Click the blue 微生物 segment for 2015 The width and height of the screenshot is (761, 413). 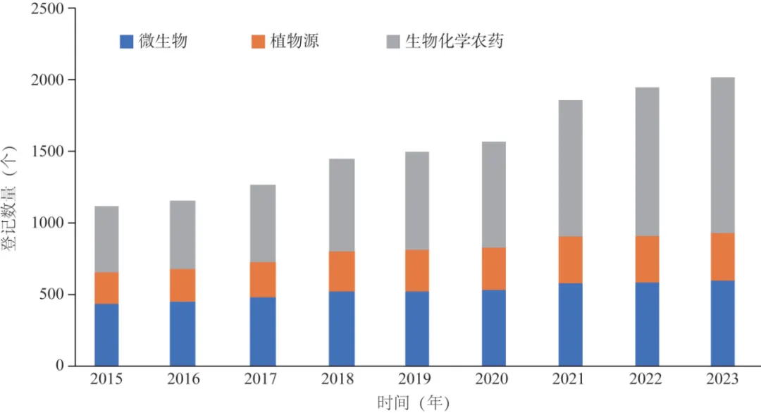click(x=106, y=335)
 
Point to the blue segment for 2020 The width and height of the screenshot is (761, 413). click(x=493, y=328)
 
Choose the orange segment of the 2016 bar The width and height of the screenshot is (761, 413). click(x=182, y=285)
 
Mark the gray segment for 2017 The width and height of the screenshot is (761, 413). click(x=263, y=223)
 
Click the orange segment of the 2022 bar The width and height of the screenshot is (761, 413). click(x=647, y=259)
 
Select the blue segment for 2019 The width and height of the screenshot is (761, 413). click(x=416, y=328)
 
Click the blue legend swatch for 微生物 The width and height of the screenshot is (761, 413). click(x=127, y=42)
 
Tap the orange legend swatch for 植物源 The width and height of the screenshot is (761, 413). click(x=258, y=42)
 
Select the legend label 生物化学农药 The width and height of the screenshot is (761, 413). click(x=454, y=42)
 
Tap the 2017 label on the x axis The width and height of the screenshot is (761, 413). click(x=261, y=380)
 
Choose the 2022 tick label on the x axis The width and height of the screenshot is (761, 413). click(x=646, y=380)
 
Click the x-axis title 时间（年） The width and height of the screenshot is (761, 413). click(x=413, y=402)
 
